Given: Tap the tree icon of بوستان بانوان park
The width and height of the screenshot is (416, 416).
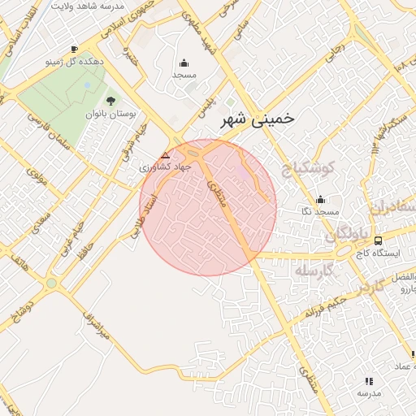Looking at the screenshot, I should click(110, 101).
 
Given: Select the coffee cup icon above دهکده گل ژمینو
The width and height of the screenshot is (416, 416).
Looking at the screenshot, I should click(75, 49).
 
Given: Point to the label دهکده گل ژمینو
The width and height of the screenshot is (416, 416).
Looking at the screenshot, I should click(75, 62).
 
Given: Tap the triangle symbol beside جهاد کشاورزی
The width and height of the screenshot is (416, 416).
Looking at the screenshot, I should click(166, 154).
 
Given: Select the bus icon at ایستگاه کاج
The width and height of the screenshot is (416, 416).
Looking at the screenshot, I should click(378, 240).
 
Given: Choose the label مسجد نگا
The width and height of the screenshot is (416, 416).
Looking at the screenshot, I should click(319, 211).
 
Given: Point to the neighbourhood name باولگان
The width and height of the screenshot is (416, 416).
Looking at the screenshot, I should click(348, 235).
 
